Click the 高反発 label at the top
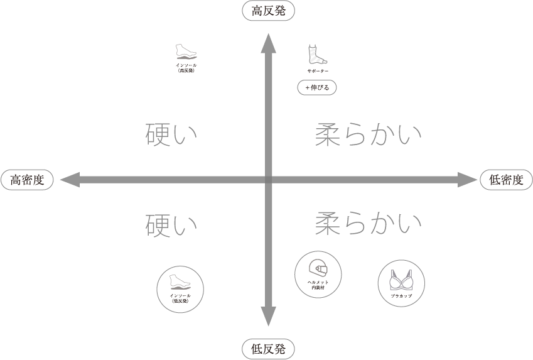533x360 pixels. (268, 11)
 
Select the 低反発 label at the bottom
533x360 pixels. (268, 349)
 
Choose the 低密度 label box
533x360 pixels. (506, 180)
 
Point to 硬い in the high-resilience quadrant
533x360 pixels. (171, 134)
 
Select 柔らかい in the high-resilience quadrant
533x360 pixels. (368, 134)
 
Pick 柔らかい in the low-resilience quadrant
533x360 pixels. (368, 222)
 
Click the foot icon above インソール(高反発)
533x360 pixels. (186, 52)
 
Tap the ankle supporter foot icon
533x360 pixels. (316, 55)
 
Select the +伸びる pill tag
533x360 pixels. (317, 88)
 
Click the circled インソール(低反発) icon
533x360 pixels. (180, 289)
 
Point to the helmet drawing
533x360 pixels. (318, 269)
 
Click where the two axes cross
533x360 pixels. (268, 180)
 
